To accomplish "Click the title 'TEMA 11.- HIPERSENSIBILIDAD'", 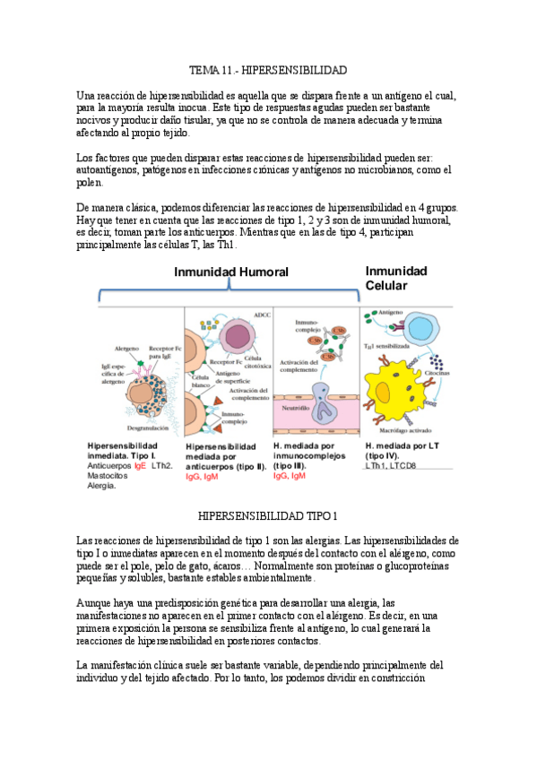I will click(268, 70).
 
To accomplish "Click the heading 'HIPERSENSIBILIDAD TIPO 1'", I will click(268, 516).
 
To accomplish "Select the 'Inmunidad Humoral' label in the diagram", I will click(230, 272).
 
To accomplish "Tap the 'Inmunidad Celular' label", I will click(396, 278).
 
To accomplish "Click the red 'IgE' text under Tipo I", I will click(140, 466).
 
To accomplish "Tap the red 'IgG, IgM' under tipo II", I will click(202, 477).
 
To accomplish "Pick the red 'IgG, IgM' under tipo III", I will click(290, 476).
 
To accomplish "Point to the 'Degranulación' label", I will click(134, 429).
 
